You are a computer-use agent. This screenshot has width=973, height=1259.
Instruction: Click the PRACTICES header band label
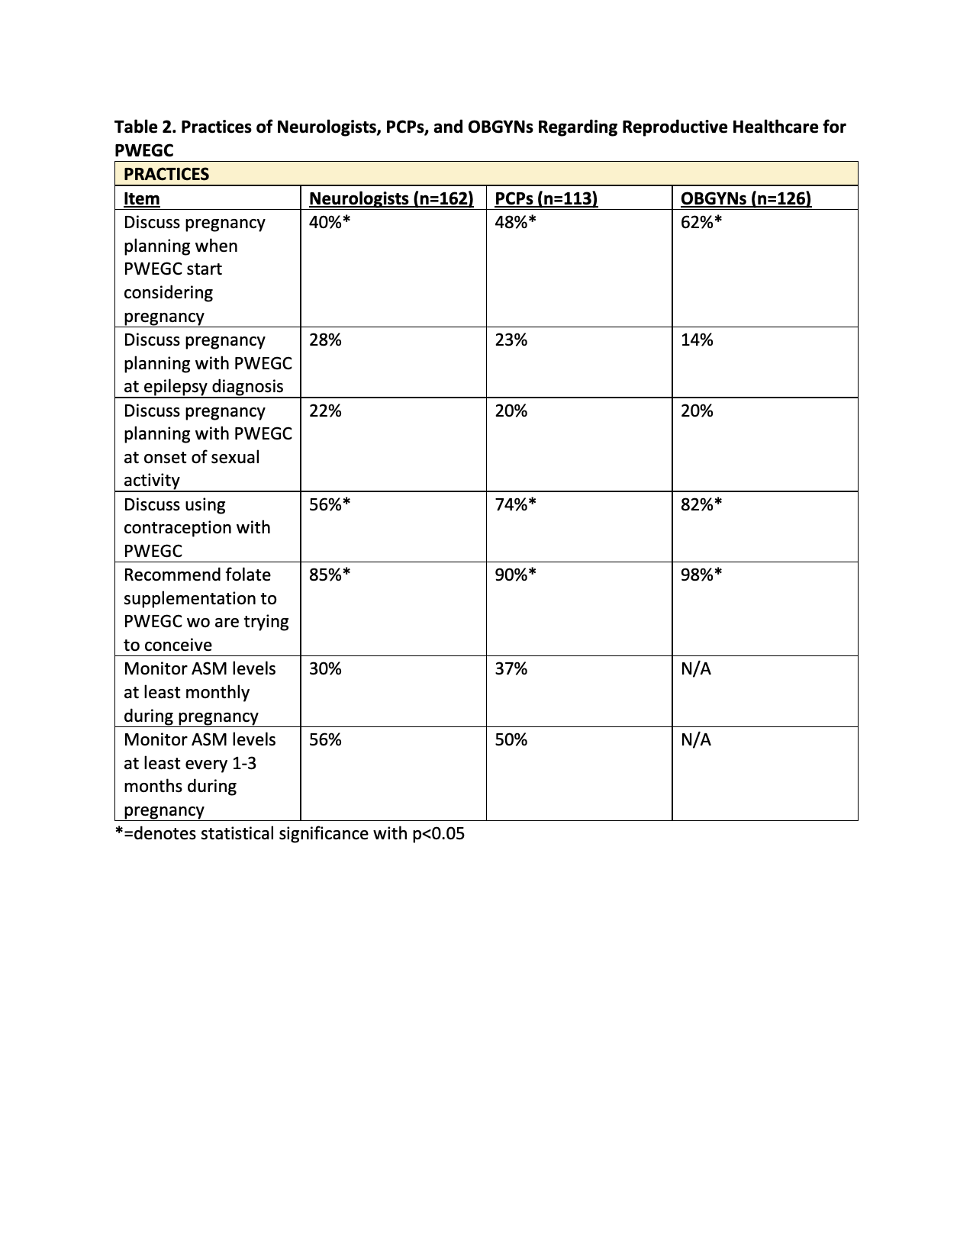166,174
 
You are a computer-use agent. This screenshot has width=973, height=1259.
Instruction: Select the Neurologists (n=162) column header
391,198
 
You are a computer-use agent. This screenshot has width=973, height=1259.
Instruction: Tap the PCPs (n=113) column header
546,198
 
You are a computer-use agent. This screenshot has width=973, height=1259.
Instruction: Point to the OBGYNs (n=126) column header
746,198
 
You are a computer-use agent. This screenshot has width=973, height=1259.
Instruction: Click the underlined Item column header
142,198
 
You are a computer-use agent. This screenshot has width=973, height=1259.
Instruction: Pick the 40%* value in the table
330,222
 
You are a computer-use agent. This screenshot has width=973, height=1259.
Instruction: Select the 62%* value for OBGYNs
701,222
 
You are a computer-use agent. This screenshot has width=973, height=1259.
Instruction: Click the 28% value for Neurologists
325,340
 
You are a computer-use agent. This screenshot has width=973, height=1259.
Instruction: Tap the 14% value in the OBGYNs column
697,340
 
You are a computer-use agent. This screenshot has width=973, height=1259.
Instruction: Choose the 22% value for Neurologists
325,411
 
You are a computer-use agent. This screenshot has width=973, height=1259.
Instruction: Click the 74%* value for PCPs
515,504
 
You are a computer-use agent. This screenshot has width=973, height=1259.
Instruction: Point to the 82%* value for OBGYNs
701,504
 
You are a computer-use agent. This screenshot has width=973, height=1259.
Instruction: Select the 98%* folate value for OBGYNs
701,575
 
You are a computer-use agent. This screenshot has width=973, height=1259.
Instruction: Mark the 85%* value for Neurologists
330,575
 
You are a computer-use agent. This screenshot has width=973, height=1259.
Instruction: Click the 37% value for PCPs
511,668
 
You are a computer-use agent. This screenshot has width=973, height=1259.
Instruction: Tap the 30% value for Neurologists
325,668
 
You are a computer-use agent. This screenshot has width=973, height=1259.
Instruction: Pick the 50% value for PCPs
511,739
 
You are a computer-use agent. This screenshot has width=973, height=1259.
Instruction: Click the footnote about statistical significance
289,833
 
